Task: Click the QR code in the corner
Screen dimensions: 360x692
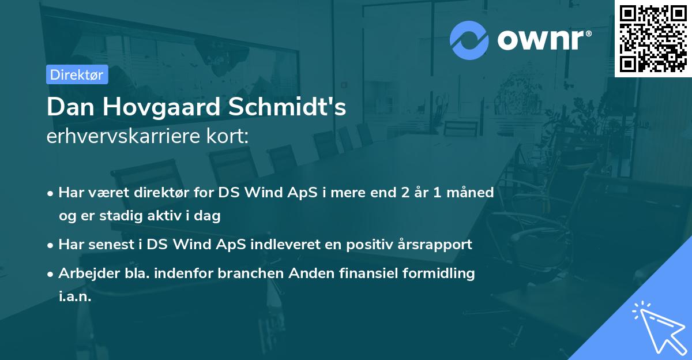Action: [x=653, y=38]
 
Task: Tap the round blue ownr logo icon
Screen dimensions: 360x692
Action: [x=469, y=40]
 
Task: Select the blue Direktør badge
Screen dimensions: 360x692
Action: [x=77, y=74]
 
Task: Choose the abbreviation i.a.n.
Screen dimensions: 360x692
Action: [x=75, y=297]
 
